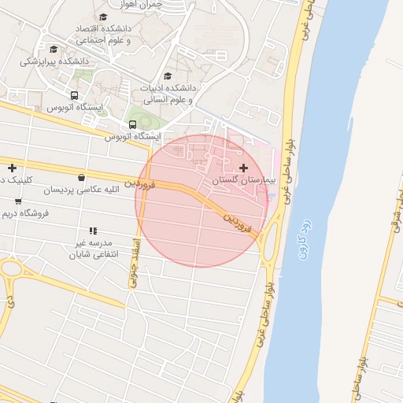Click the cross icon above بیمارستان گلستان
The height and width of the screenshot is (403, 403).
(243, 168)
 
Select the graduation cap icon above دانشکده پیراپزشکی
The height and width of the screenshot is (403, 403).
(53, 49)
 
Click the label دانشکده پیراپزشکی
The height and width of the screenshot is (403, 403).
(53, 61)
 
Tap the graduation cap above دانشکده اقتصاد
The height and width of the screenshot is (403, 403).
(103, 17)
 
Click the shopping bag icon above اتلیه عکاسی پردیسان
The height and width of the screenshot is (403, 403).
(83, 178)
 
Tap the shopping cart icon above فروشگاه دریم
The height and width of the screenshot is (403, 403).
(17, 201)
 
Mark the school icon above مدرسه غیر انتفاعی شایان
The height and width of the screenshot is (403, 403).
(92, 231)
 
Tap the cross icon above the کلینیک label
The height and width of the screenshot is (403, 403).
(12, 167)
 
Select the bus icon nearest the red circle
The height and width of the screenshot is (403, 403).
(131, 124)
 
